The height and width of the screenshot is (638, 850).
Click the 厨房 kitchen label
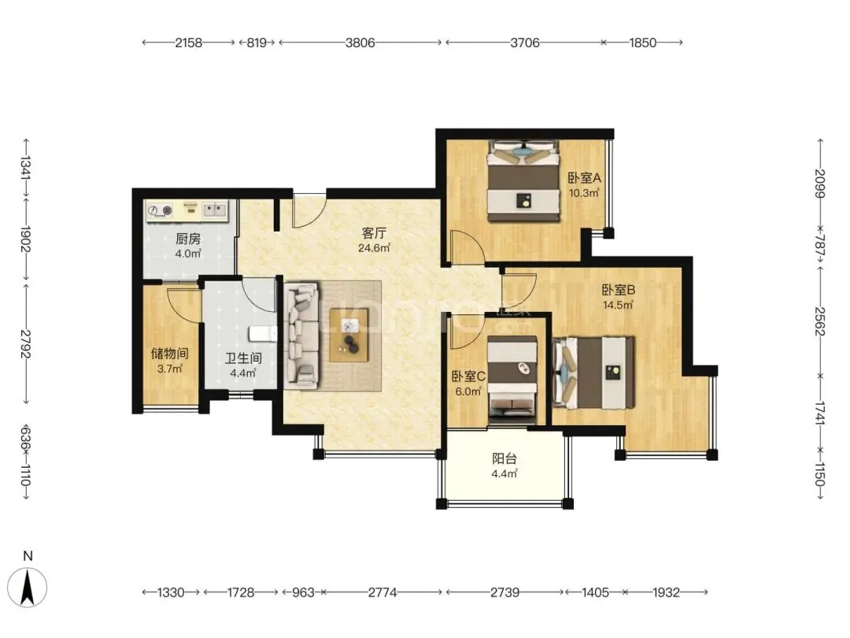[188, 239]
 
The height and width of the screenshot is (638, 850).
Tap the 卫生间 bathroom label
[243, 358]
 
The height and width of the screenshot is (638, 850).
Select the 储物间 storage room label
[170, 354]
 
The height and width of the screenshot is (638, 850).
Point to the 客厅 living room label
[374, 233]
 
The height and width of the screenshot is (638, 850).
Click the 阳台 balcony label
[504, 458]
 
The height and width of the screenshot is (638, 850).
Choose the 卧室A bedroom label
[584, 178]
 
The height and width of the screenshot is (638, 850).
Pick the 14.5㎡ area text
[618, 305]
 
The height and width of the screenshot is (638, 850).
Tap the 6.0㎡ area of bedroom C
[468, 391]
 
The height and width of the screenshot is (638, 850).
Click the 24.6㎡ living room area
[374, 248]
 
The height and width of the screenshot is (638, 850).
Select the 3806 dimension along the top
[360, 43]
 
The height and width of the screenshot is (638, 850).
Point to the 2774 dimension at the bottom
[382, 592]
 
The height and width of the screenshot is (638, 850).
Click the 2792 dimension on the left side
[26, 343]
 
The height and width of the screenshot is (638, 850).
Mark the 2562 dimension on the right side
[820, 321]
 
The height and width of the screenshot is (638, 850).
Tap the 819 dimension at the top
[257, 43]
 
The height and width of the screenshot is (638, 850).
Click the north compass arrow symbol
[28, 587]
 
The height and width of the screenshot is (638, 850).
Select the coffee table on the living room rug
[349, 335]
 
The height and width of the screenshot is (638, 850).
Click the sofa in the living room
[302, 335]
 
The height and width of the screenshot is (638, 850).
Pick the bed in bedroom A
[523, 181]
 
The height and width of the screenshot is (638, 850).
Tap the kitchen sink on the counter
[215, 210]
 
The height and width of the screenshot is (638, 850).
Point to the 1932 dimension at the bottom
[666, 592]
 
